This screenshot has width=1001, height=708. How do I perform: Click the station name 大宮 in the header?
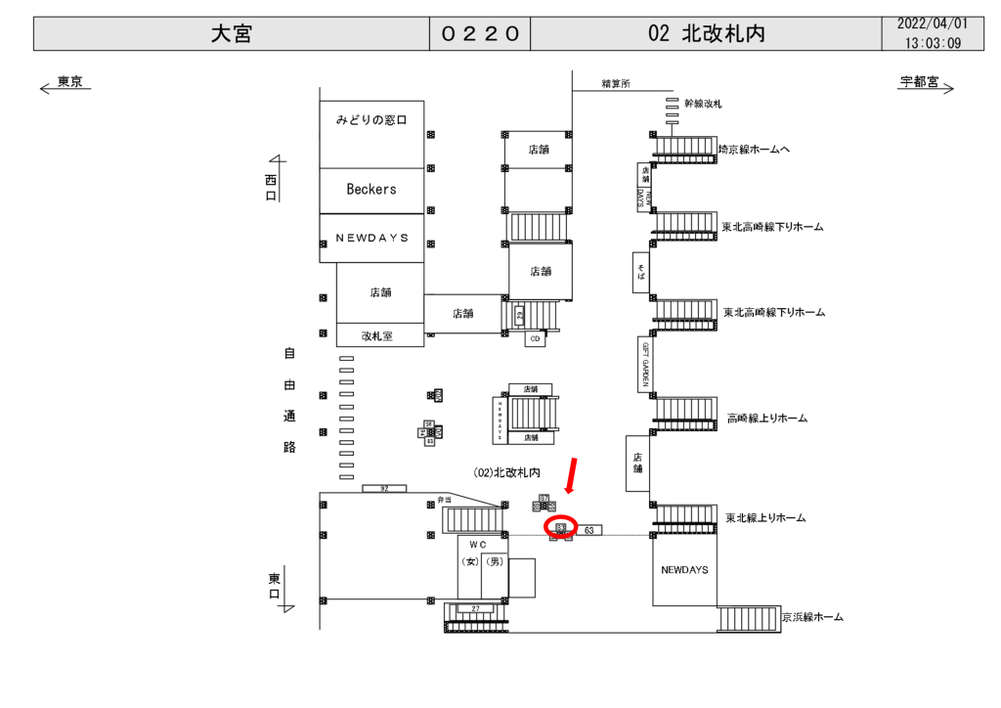(232, 33)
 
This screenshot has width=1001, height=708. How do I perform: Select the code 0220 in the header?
(479, 33)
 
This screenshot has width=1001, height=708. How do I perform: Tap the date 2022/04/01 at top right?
(933, 23)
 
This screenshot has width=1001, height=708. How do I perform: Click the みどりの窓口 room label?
(371, 120)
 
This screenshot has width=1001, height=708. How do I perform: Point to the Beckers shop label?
(371, 190)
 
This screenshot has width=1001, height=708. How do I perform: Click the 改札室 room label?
(376, 335)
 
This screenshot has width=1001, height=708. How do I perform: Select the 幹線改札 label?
(703, 103)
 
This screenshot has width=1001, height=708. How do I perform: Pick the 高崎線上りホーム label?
(767, 419)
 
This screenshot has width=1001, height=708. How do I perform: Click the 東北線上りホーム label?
(765, 517)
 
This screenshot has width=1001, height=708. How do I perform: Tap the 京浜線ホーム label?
(812, 617)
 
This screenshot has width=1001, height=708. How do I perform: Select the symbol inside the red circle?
(561, 528)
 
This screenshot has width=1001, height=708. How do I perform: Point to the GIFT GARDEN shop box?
(645, 364)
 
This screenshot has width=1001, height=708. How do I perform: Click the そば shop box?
(641, 272)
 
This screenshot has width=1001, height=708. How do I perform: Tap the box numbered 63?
(589, 530)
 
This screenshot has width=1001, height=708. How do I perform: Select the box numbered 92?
(383, 487)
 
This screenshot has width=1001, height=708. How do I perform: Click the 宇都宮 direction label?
(919, 83)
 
